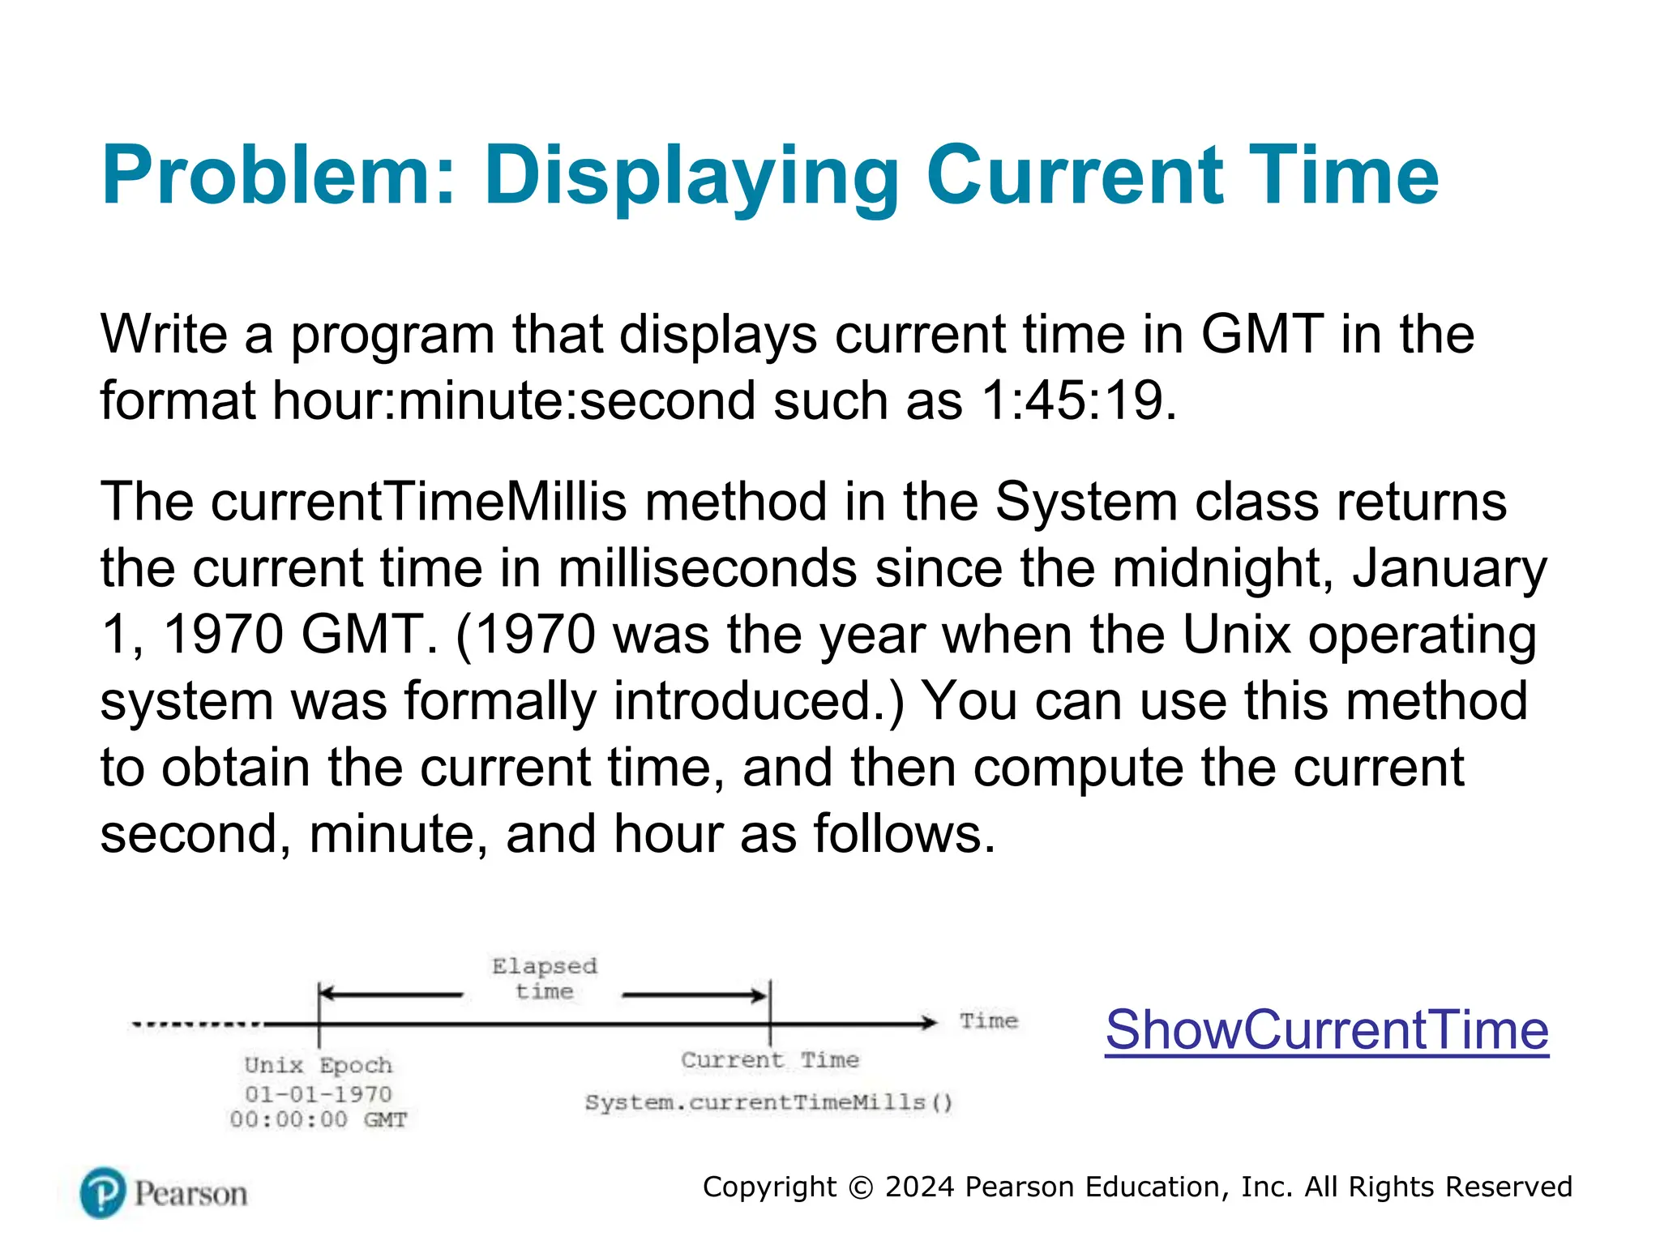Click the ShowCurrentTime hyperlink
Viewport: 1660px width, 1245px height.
pyautogui.click(x=1326, y=1030)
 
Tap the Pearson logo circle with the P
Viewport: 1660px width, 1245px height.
pyautogui.click(x=104, y=1192)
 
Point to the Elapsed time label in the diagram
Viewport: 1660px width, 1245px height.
pyautogui.click(x=544, y=978)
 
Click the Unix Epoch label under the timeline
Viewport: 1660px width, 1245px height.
pyautogui.click(x=318, y=1065)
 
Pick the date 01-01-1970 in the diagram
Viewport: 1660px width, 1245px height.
pyautogui.click(x=318, y=1094)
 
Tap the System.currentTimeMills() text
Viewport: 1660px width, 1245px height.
pyautogui.click(x=768, y=1102)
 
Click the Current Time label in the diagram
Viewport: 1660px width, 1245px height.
pyautogui.click(x=769, y=1060)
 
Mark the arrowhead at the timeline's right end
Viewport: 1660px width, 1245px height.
pyautogui.click(x=929, y=1023)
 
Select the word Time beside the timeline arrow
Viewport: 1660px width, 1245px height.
pyautogui.click(x=988, y=1020)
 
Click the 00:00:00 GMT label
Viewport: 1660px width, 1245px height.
pyautogui.click(x=318, y=1120)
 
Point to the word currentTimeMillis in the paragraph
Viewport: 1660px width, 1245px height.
pyautogui.click(x=419, y=502)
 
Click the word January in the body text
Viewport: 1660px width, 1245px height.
pyautogui.click(x=1449, y=568)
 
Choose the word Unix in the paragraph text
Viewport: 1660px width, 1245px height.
pyautogui.click(x=1236, y=634)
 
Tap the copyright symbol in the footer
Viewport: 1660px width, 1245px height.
pyautogui.click(x=861, y=1187)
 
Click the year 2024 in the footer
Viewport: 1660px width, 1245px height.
pyautogui.click(x=918, y=1187)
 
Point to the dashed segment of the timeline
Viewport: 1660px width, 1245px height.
pyautogui.click(x=197, y=1025)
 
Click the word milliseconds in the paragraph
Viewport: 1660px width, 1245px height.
pyautogui.click(x=708, y=568)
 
